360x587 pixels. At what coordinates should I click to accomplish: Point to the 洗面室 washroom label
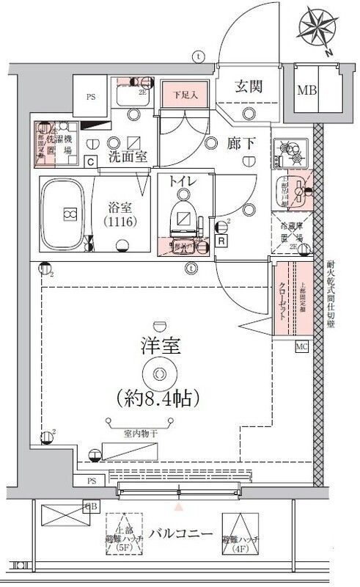pos(128,156)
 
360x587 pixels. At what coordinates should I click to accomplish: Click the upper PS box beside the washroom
pos(90,95)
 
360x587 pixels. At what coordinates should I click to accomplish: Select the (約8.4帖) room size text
pos(159,398)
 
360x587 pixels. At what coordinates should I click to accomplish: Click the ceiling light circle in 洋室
pos(159,373)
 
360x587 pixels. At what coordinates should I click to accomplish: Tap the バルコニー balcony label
pos(177,533)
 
